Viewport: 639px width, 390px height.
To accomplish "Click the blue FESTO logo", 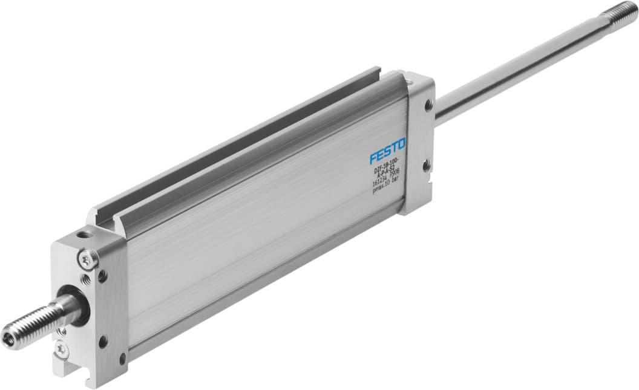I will [x=388, y=151].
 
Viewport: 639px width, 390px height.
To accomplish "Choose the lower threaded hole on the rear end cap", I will [x=426, y=164].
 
